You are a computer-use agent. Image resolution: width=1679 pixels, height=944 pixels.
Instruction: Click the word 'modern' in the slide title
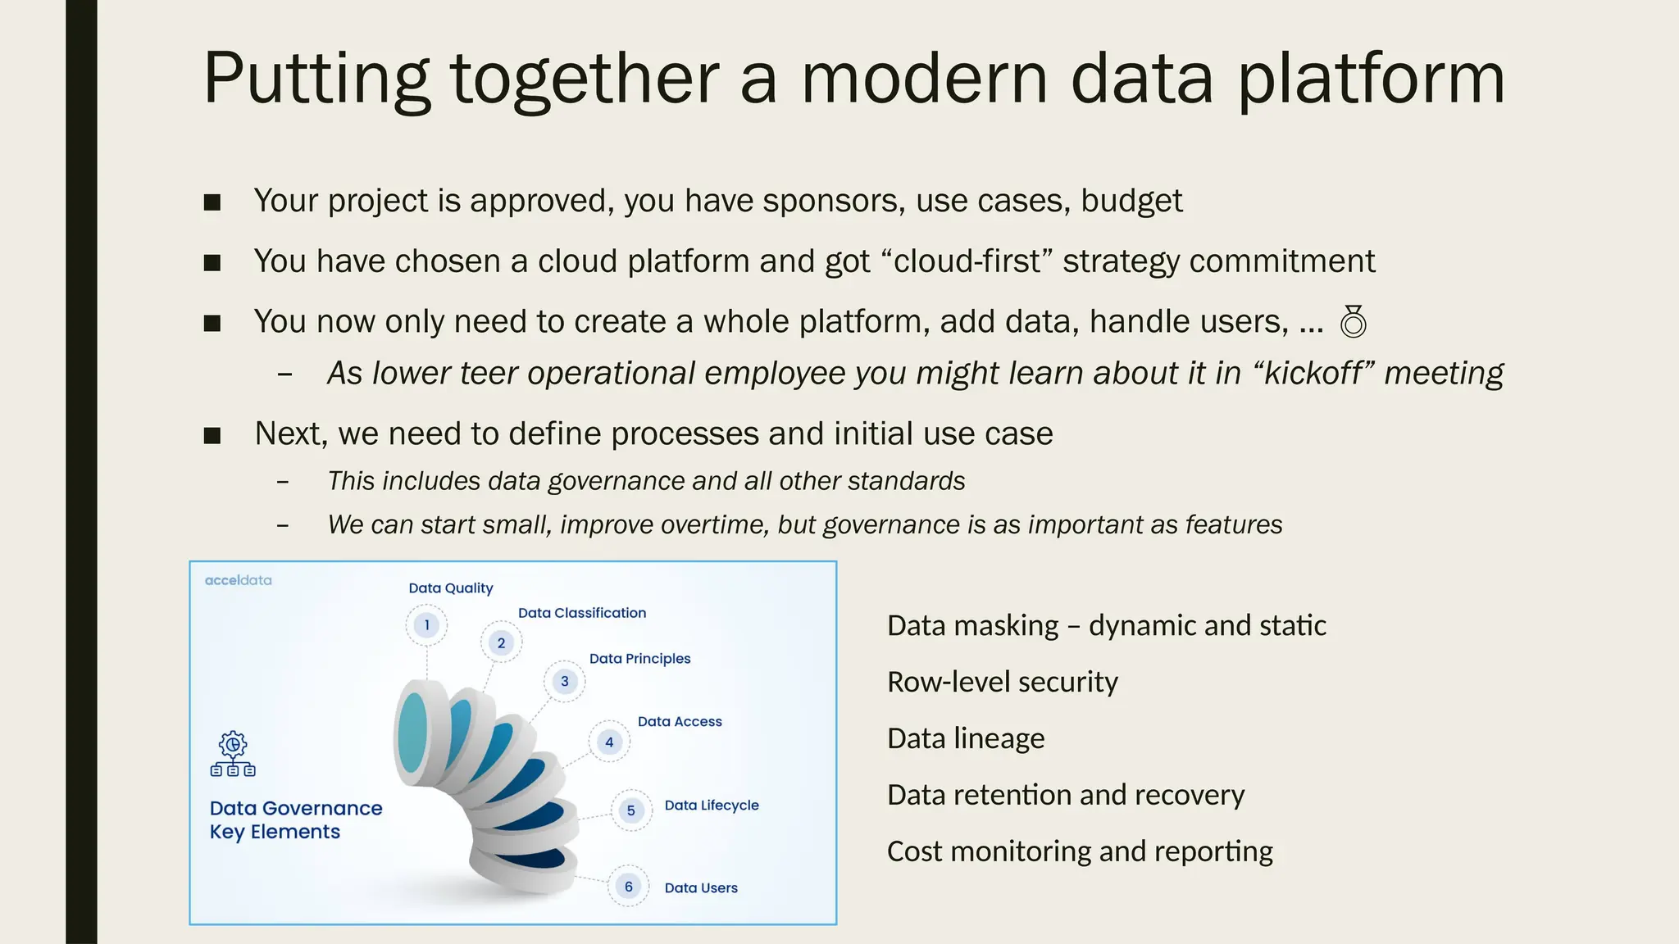pyautogui.click(x=924, y=79)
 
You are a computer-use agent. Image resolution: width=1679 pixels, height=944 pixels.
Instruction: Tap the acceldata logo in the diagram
pyautogui.click(x=238, y=580)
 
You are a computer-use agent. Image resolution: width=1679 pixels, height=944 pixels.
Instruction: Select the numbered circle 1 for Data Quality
pyautogui.click(x=426, y=625)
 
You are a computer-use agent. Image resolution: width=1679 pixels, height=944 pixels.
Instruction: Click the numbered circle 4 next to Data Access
pyautogui.click(x=609, y=742)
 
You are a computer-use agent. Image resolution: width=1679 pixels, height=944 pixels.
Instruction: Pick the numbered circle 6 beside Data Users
pyautogui.click(x=629, y=887)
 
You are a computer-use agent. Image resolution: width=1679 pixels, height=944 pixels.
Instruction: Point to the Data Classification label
pyautogui.click(x=582, y=613)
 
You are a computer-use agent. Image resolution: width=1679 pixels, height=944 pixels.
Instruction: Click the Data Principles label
pyautogui.click(x=639, y=659)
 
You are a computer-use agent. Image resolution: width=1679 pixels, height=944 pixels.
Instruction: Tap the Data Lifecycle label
pyautogui.click(x=712, y=806)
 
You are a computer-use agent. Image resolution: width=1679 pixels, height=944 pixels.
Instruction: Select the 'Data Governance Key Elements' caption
pyautogui.click(x=295, y=819)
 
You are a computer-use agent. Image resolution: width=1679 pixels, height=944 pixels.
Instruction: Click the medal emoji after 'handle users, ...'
pyautogui.click(x=1353, y=321)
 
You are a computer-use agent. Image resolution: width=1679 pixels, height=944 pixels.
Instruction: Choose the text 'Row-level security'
pyautogui.click(x=1002, y=682)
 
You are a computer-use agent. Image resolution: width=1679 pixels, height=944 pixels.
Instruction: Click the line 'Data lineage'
pyautogui.click(x=966, y=738)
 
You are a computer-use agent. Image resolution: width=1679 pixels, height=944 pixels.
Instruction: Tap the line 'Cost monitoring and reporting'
pyautogui.click(x=1080, y=851)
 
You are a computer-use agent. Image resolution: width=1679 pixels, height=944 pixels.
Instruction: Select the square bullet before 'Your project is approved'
pyautogui.click(x=212, y=202)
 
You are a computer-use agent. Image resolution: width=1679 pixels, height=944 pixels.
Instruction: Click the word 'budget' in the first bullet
pyautogui.click(x=1131, y=202)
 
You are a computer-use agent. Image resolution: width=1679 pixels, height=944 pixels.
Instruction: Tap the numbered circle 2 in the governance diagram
pyautogui.click(x=501, y=643)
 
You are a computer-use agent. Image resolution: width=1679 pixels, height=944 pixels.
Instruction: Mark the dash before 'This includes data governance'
pyautogui.click(x=283, y=482)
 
